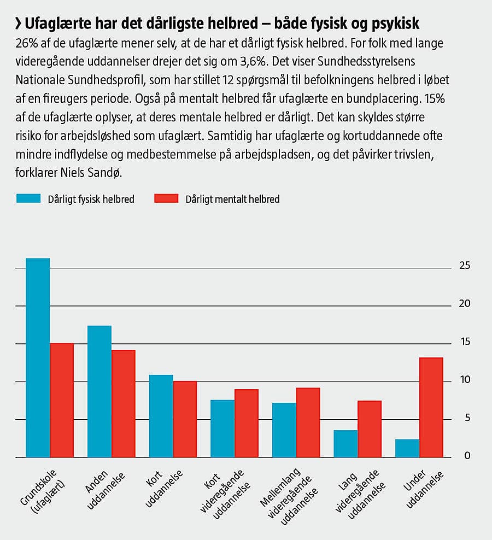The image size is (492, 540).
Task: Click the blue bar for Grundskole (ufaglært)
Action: (38, 357)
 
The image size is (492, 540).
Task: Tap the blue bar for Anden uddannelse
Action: (99, 391)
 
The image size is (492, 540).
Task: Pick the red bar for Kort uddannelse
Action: (185, 419)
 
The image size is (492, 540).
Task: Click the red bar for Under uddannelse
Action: (431, 407)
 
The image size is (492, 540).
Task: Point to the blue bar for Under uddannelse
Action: (407, 448)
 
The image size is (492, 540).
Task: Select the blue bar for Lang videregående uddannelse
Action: (345, 443)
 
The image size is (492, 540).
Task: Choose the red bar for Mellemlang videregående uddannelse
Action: (308, 422)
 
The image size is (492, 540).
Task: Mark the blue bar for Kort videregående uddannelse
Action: (222, 429)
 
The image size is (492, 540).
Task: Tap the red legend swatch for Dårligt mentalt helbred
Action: (167, 198)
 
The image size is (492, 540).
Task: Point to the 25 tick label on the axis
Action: (465, 266)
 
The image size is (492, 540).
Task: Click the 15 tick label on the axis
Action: (465, 342)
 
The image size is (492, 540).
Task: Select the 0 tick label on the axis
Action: (467, 456)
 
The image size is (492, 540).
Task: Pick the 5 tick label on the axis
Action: (467, 418)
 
